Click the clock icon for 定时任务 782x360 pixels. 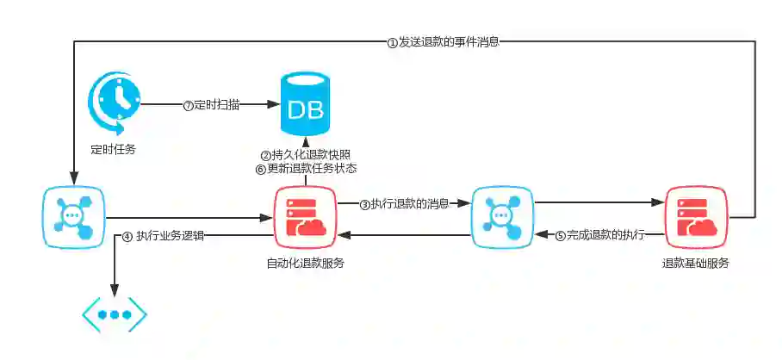tap(114, 104)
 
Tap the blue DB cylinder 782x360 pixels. tap(306, 107)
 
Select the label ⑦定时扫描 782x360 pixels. tap(211, 105)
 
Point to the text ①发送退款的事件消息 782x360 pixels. tap(443, 41)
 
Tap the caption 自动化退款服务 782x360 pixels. tap(306, 264)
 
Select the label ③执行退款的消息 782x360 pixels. tap(404, 204)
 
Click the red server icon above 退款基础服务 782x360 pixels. tap(696, 218)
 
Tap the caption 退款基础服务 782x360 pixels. tap(696, 264)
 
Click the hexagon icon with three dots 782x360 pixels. tap(114, 315)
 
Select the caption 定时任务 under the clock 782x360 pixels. tap(114, 149)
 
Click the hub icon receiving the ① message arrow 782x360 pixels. tap(73, 218)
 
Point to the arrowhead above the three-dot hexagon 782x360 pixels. tap(114, 291)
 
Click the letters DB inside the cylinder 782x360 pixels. tap(306, 111)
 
